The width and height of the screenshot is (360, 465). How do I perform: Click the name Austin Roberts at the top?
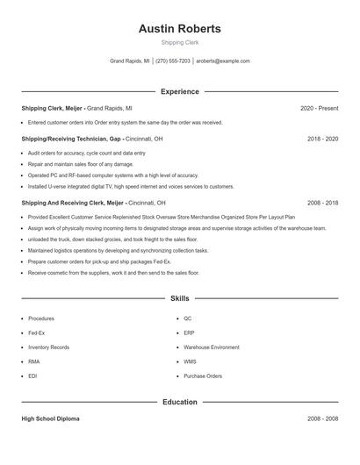(x=179, y=29)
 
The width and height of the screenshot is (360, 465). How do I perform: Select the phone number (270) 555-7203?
(x=173, y=61)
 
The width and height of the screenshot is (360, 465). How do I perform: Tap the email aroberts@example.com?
(x=223, y=61)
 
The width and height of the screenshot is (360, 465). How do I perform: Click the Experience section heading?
(x=179, y=91)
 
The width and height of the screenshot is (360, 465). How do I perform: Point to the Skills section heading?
(x=179, y=299)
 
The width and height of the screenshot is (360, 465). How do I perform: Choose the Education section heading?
(x=179, y=402)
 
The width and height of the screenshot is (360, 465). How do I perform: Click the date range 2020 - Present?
(x=319, y=108)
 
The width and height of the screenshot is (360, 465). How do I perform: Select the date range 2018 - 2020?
(x=322, y=139)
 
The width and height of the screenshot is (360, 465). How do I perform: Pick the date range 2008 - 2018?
(x=322, y=202)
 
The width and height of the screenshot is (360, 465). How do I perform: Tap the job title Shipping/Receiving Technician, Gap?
(x=71, y=139)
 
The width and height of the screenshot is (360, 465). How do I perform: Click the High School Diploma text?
(x=50, y=418)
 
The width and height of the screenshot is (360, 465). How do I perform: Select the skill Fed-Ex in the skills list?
(x=37, y=333)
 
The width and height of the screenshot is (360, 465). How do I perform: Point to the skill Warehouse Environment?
(x=211, y=347)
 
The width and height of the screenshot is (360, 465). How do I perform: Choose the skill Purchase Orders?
(x=203, y=376)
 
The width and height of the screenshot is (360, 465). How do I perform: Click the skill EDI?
(x=32, y=376)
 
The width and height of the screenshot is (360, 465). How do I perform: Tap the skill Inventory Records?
(x=48, y=347)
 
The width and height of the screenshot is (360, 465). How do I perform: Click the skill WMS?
(x=190, y=361)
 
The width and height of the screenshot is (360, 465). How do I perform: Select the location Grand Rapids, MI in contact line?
(x=129, y=61)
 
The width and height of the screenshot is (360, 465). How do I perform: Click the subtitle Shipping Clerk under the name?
(x=179, y=42)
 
